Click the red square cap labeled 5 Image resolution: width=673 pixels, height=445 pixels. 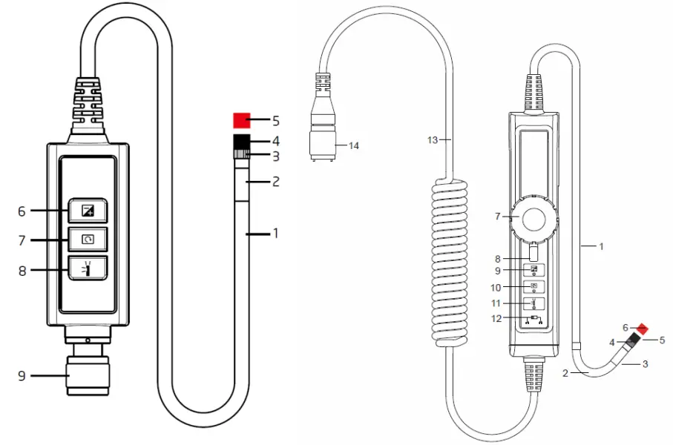coord(242,120)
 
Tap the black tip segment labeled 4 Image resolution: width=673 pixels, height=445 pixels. coord(242,141)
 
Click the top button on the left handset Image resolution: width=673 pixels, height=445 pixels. coord(88,211)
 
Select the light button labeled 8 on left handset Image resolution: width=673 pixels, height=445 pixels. coord(88,268)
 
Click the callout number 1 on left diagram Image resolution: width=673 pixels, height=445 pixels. coord(275,233)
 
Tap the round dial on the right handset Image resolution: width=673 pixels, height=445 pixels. coord(534,219)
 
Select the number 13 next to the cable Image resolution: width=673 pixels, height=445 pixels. coord(435,139)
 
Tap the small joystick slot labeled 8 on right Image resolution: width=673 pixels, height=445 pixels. coord(534,253)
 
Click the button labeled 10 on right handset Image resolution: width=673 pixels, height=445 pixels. coord(534,286)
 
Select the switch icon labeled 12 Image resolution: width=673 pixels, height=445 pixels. coord(534,320)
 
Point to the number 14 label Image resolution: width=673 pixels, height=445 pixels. coord(354,146)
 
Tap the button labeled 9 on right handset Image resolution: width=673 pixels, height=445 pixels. coord(534,270)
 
